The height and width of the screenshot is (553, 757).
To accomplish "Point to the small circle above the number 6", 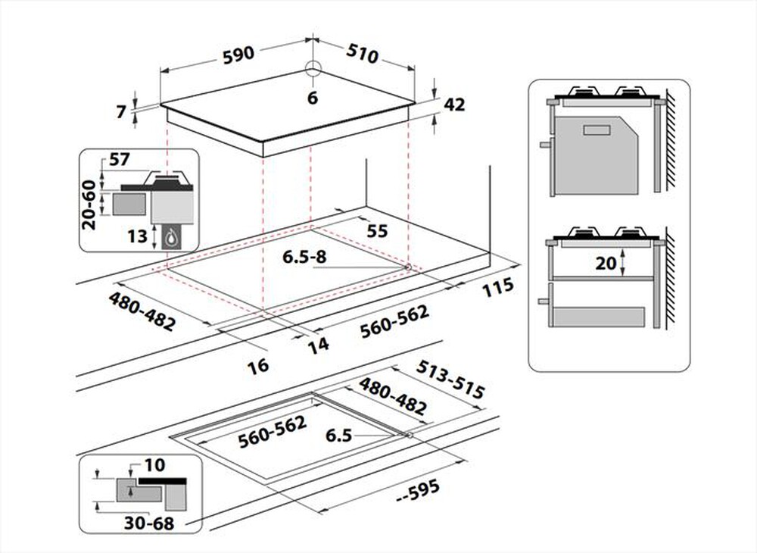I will click(313, 68).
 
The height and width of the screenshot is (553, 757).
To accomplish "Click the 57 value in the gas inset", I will click(120, 160).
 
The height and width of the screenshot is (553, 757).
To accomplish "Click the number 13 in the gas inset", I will click(137, 236).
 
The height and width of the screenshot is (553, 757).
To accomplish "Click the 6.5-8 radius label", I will click(304, 258).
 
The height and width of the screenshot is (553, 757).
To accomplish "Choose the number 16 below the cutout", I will click(258, 366).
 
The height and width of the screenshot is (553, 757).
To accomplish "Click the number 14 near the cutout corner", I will click(318, 345).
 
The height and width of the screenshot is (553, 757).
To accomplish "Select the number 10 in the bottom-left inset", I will click(154, 464).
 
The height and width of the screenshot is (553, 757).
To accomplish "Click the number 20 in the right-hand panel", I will click(604, 263).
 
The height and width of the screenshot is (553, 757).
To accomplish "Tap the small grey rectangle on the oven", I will click(597, 130).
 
